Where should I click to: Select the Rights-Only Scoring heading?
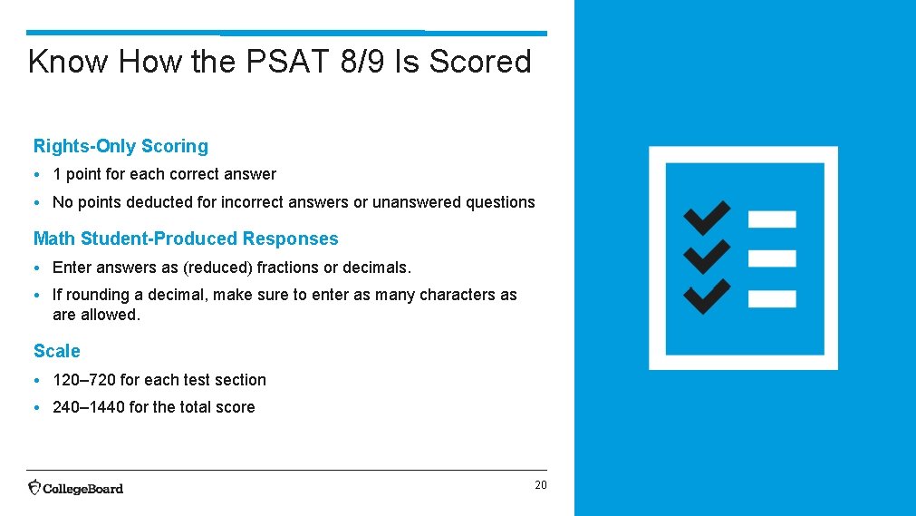pos(121,146)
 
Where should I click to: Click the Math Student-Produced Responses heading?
pos(186,239)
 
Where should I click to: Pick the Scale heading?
pos(56,351)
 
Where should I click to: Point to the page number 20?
pos(540,485)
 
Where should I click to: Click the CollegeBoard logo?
pos(76,488)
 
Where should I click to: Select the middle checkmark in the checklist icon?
pos(707,257)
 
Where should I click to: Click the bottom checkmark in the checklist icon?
pos(707,297)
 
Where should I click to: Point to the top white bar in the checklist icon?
pos(772,219)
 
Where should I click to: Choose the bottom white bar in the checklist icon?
pos(772,298)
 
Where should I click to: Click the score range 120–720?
pos(84,380)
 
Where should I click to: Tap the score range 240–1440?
pos(89,407)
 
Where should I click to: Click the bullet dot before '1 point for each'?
pos(39,175)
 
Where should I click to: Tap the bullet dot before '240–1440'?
pos(39,408)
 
